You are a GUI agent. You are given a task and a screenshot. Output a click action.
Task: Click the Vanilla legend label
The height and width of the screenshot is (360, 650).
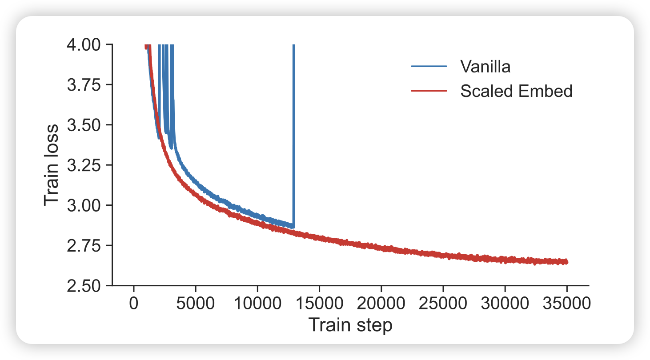click(x=485, y=67)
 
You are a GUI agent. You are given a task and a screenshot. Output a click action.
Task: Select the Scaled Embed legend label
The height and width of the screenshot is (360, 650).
click(x=516, y=91)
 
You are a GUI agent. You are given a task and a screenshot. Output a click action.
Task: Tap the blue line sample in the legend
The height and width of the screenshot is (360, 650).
click(x=429, y=67)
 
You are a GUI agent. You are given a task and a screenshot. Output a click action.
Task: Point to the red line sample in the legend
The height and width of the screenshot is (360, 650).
click(x=429, y=91)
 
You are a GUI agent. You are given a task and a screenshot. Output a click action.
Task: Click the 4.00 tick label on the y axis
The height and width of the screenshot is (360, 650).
click(x=84, y=45)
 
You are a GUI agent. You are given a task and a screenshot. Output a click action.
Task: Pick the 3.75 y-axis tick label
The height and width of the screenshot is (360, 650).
click(x=84, y=85)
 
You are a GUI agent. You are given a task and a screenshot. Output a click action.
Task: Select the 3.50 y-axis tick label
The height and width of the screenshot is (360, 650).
click(x=84, y=125)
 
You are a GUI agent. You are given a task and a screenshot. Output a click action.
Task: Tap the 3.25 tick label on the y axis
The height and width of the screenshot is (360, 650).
click(x=84, y=165)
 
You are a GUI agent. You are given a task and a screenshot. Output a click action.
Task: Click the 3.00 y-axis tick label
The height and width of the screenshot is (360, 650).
click(x=84, y=205)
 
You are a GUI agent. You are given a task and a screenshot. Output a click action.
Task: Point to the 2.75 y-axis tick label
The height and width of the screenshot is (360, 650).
click(x=84, y=245)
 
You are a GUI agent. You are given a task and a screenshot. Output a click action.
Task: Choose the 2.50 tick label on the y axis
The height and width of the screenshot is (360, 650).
click(x=84, y=285)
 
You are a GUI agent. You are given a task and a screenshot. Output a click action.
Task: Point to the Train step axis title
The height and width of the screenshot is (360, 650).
click(x=350, y=325)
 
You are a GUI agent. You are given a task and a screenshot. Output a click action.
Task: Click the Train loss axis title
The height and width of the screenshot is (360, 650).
click(x=52, y=165)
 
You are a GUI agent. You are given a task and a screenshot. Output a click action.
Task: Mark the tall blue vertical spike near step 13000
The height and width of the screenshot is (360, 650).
click(x=293, y=133)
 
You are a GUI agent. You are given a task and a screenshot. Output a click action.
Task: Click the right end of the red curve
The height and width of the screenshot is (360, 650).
click(x=566, y=262)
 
